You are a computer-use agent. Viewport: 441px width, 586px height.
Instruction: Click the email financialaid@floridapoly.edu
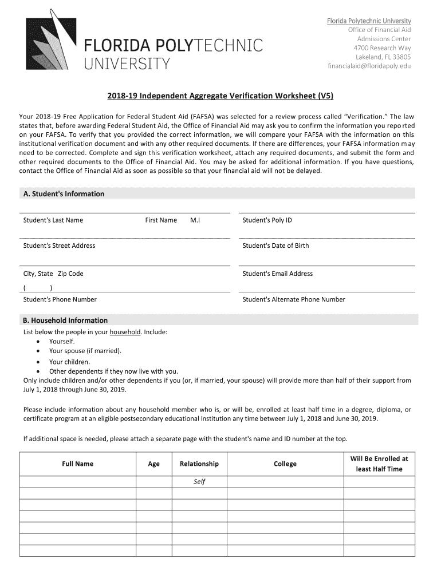pyautogui.click(x=369, y=66)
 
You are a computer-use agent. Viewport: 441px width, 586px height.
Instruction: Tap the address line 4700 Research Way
pyautogui.click(x=382, y=47)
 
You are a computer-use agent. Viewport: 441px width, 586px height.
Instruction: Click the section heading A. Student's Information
pyautogui.click(x=64, y=194)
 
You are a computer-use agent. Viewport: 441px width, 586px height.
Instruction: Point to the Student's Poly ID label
pyautogui.click(x=267, y=220)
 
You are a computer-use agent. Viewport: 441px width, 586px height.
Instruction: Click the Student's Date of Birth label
pyautogui.click(x=275, y=246)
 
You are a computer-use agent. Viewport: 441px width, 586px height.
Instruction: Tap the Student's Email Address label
pyautogui.click(x=277, y=274)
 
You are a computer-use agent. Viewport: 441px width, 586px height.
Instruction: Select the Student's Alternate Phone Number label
pyautogui.click(x=294, y=299)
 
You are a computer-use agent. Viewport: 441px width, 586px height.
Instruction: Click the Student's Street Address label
pyautogui.click(x=59, y=246)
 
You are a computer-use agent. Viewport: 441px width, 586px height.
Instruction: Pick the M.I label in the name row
pyautogui.click(x=195, y=220)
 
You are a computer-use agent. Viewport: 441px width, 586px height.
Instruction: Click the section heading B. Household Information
pyautogui.click(x=65, y=320)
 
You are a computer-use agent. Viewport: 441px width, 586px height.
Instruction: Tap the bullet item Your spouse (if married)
pyautogui.click(x=85, y=351)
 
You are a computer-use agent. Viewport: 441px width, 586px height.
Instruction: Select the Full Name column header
pyautogui.click(x=77, y=464)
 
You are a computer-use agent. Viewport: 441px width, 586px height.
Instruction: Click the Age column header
pyautogui.click(x=153, y=464)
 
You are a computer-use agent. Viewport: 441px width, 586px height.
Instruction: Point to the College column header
pyautogui.click(x=285, y=464)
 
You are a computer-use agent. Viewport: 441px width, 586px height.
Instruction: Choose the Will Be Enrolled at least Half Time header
pyautogui.click(x=379, y=464)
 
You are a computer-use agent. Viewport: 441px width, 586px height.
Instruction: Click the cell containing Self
pyautogui.click(x=199, y=482)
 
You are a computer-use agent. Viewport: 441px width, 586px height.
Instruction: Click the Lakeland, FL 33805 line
pyautogui.click(x=383, y=57)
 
